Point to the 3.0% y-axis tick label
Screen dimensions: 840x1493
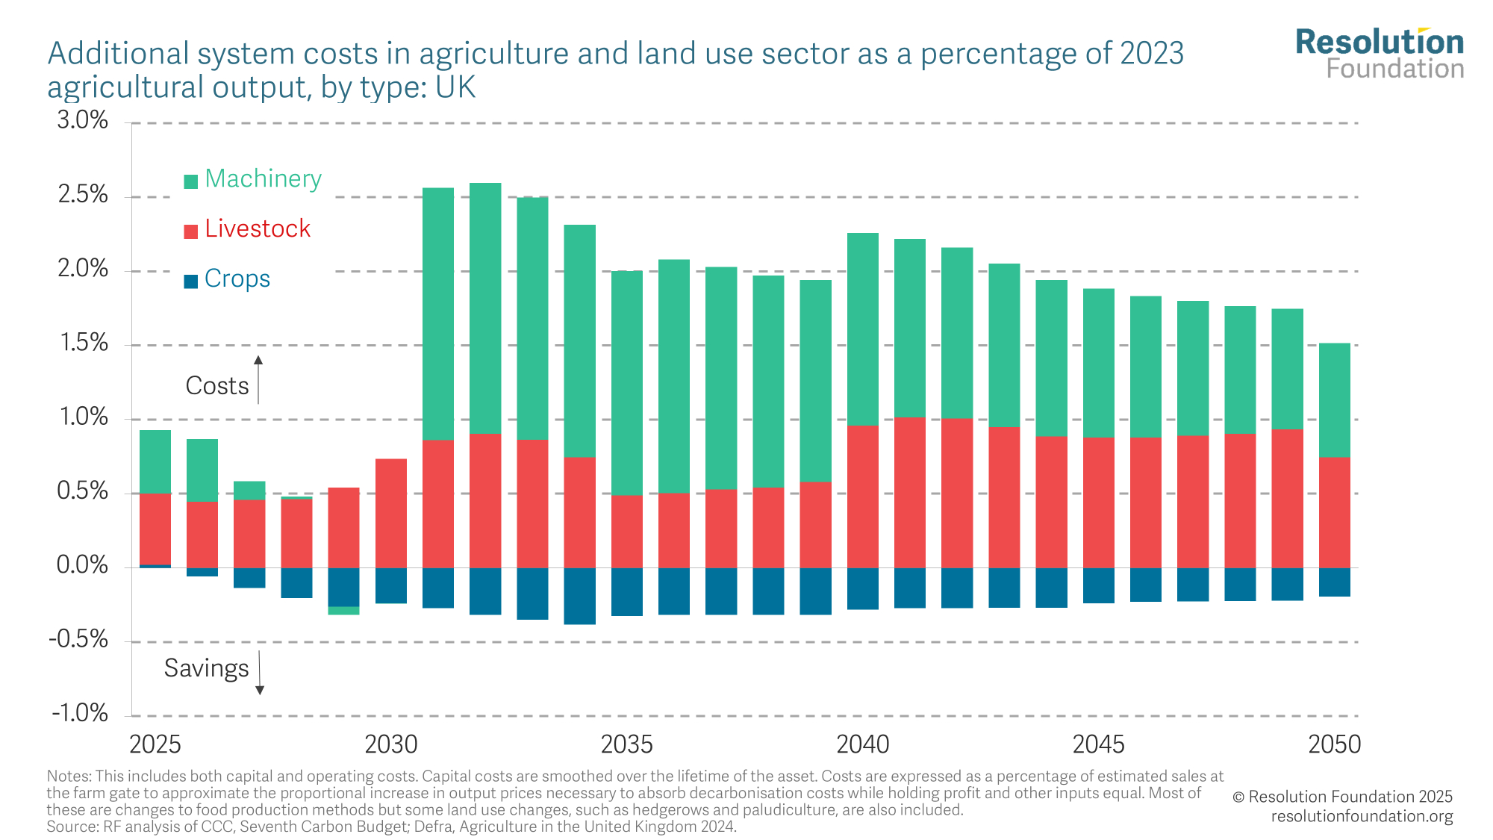pyautogui.click(x=83, y=120)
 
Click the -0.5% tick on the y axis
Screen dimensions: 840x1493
pyautogui.click(x=79, y=640)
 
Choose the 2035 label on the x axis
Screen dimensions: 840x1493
pyautogui.click(x=626, y=744)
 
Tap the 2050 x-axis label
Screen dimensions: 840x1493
pyautogui.click(x=1335, y=744)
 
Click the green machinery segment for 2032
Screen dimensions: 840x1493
pyautogui.click(x=485, y=308)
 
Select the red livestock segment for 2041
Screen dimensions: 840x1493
pyautogui.click(x=910, y=493)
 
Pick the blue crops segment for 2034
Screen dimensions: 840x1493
pyautogui.click(x=579, y=596)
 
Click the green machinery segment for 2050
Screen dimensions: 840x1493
pyautogui.click(x=1335, y=399)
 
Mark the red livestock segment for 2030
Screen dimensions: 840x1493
pyautogui.click(x=391, y=513)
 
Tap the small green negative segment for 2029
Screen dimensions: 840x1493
pyautogui.click(x=343, y=611)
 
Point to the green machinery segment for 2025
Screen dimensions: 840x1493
pyautogui.click(x=155, y=461)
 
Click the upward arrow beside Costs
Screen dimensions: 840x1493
pyautogui.click(x=258, y=379)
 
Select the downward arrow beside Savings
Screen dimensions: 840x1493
pyautogui.click(x=260, y=673)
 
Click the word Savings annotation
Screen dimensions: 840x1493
pyautogui.click(x=206, y=668)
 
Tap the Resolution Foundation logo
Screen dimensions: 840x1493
pyautogui.click(x=1380, y=54)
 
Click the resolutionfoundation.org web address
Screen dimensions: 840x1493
pyautogui.click(x=1362, y=816)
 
